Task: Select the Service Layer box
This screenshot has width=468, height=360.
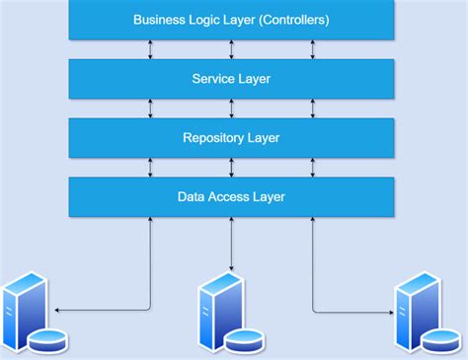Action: point(231,79)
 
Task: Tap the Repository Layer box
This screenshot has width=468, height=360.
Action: point(231,138)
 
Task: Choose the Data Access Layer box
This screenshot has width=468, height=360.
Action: point(231,197)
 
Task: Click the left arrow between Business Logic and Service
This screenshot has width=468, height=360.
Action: point(150,49)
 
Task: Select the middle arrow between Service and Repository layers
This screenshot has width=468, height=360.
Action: point(231,108)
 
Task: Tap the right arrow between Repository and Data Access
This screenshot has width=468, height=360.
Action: point(313,168)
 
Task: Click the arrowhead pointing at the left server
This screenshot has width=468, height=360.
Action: point(57,311)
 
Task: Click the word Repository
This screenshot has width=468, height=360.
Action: point(211,138)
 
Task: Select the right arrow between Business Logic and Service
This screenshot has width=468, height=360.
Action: point(313,49)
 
